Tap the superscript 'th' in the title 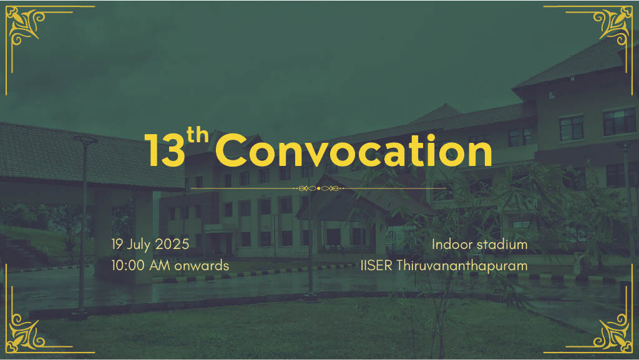coord(198,137)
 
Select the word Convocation coord(354,152)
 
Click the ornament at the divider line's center coord(319,188)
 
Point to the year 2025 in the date coord(172,244)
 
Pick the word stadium coord(502,244)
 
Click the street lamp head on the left coord(85,140)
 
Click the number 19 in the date coord(117,244)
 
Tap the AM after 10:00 coord(160,265)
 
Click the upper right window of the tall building coord(618,121)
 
